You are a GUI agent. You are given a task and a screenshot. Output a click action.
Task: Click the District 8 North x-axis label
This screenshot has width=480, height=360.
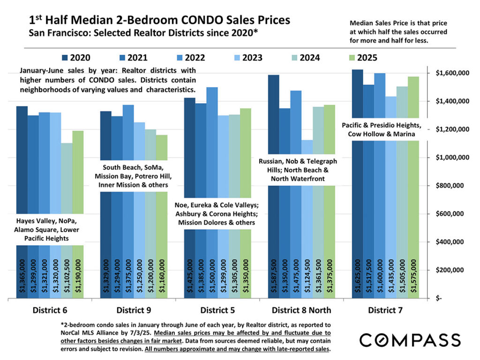point(301,310)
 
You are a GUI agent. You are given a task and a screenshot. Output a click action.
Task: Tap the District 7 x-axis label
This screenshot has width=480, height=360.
point(385,310)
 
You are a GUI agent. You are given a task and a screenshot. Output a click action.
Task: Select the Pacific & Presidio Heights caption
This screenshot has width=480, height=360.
point(385,129)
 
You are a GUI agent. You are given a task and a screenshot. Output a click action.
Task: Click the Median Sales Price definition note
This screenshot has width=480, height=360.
point(398,31)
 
